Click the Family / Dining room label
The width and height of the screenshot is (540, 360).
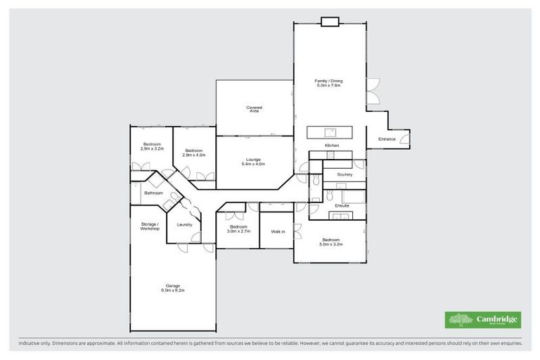(329, 83)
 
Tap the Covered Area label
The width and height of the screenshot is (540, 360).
(254, 109)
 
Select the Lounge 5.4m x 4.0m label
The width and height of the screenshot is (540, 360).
(253, 162)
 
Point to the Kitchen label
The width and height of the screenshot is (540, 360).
(332, 146)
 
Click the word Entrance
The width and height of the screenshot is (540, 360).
(387, 139)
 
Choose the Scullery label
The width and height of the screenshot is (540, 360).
(345, 174)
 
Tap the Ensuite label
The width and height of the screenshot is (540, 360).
(342, 205)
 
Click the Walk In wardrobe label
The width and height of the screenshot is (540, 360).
(278, 231)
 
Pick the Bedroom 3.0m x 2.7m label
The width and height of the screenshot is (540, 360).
(238, 229)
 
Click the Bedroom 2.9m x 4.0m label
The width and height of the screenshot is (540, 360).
(195, 153)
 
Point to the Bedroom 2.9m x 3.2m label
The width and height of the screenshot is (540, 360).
(152, 146)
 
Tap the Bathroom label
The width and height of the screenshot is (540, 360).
(153, 193)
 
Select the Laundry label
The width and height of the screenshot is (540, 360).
(185, 224)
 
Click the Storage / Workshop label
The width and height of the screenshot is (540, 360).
(149, 226)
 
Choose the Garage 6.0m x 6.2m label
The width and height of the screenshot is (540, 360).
(172, 288)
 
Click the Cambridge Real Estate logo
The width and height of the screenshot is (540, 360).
(484, 320)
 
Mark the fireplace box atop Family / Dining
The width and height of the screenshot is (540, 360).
(330, 21)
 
